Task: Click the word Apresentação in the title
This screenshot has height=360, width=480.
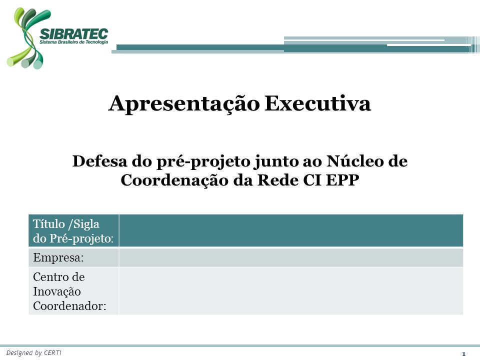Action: pyautogui.click(x=184, y=104)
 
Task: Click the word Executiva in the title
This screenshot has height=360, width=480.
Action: pyautogui.click(x=318, y=103)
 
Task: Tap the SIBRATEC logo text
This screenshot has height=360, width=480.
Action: pyautogui.click(x=74, y=34)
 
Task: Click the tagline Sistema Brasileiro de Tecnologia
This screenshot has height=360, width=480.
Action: pyautogui.click(x=74, y=42)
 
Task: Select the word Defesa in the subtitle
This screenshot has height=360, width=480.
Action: pyautogui.click(x=99, y=161)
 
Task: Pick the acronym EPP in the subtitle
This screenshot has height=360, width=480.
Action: pyautogui.click(x=342, y=180)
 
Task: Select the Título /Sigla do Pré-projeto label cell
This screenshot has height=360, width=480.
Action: pyautogui.click(x=74, y=230)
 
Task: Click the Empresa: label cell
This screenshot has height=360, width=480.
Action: pyautogui.click(x=74, y=257)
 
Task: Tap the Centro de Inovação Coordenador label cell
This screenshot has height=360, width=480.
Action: pyautogui.click(x=74, y=291)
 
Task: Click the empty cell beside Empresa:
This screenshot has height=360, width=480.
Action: pyautogui.click(x=291, y=257)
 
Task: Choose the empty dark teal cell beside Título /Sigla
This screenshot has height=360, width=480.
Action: pyautogui.click(x=291, y=230)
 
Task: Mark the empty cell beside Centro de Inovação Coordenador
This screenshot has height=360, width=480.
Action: pyautogui.click(x=291, y=291)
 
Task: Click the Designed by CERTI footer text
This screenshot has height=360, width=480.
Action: pyautogui.click(x=33, y=353)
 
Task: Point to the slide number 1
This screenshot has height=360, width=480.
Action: pyautogui.click(x=464, y=354)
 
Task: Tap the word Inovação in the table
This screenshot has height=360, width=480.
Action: pyautogui.click(x=57, y=291)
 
